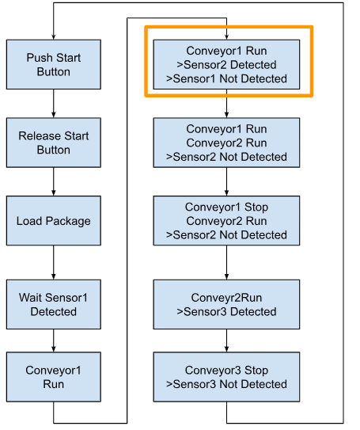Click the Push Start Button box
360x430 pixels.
(x=54, y=64)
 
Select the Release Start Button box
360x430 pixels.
(x=54, y=143)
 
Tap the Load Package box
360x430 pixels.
(x=54, y=220)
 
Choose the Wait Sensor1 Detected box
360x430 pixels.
(x=54, y=304)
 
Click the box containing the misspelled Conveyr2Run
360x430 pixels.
(x=226, y=304)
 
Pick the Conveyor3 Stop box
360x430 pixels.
(x=226, y=377)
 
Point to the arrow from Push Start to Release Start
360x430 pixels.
(x=54, y=104)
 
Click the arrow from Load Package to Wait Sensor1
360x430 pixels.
(x=54, y=262)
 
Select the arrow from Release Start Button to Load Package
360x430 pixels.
(x=54, y=181)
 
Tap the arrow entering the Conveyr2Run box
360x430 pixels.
(x=226, y=262)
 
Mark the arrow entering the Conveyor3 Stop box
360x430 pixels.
(x=226, y=341)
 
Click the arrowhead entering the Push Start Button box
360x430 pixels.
(x=54, y=37)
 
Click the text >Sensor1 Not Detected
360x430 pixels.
(x=226, y=78)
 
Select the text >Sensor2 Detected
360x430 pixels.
(x=226, y=65)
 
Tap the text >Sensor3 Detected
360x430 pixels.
(x=226, y=311)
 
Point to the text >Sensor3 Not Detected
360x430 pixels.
(x=226, y=384)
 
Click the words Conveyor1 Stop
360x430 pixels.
(x=226, y=207)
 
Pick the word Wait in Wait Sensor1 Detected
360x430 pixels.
(x=30, y=298)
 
